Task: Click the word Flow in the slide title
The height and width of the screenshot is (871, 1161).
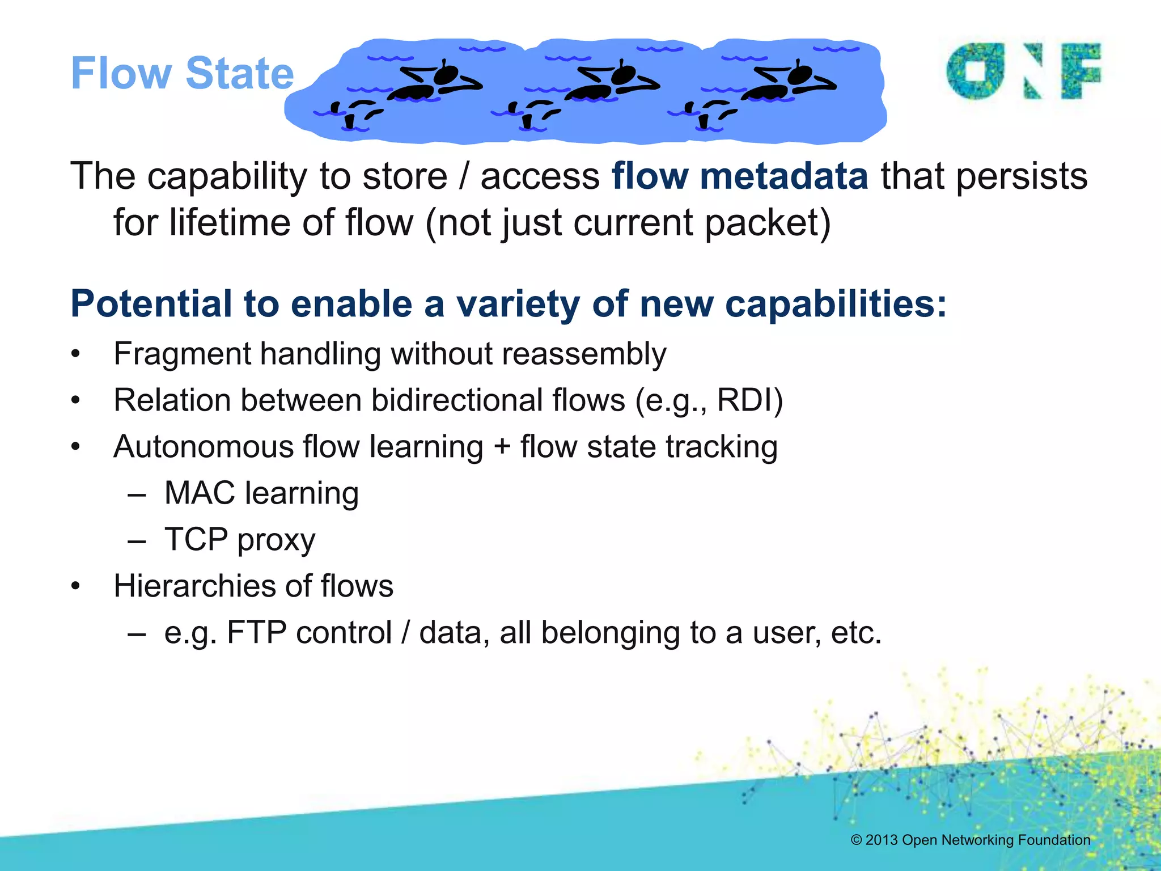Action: click(121, 74)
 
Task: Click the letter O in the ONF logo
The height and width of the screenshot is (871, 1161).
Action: click(974, 71)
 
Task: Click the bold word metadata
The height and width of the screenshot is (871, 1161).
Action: click(783, 176)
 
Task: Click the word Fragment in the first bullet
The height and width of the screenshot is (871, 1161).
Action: click(182, 354)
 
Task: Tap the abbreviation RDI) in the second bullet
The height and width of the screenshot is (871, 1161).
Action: click(749, 400)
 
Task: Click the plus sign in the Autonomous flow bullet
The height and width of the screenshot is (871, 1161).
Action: click(502, 447)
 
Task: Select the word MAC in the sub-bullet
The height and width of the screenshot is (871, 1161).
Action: click(200, 493)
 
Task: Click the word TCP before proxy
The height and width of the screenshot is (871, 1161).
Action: click(196, 539)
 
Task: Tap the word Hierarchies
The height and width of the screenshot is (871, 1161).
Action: click(194, 586)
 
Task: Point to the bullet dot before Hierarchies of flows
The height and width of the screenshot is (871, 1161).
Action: click(76, 586)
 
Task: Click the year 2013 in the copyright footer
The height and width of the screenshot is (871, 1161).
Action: click(881, 840)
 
